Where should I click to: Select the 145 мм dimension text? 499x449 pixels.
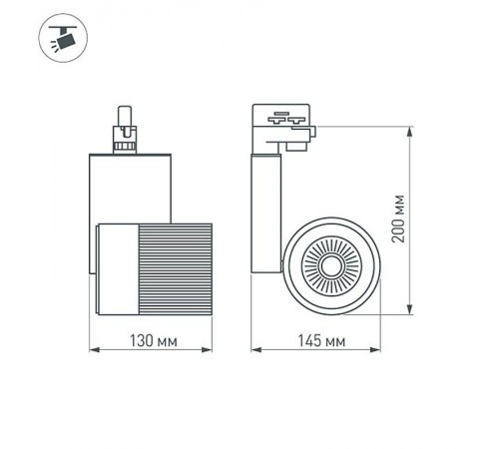tap(322, 342)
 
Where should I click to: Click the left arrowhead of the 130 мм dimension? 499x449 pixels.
tap(95, 351)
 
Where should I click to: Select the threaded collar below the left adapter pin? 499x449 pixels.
tap(126, 146)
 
